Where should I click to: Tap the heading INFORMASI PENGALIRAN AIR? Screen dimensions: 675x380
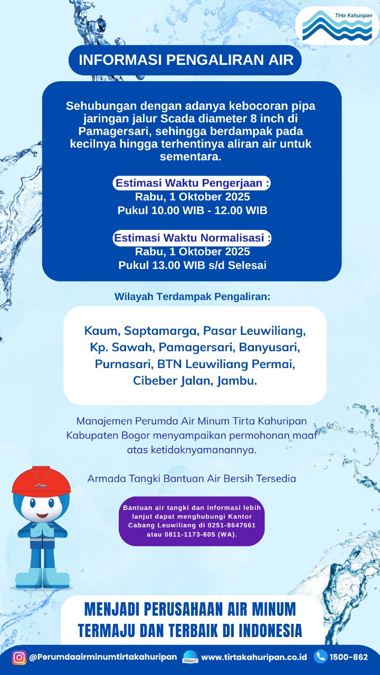[x=186, y=60]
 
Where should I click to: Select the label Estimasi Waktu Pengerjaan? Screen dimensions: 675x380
[x=193, y=184]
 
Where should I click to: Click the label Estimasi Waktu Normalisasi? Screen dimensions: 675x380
[x=193, y=238]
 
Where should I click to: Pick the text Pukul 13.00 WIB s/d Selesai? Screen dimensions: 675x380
[x=192, y=265]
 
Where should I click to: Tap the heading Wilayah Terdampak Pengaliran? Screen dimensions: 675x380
[x=192, y=296]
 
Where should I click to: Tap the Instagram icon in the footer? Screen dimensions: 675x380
[x=20, y=657]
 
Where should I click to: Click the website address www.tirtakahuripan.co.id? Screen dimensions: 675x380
[x=254, y=657]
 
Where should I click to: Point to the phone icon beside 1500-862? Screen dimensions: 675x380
[x=320, y=657]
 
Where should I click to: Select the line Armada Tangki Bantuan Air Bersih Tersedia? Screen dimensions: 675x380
[x=192, y=479]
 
